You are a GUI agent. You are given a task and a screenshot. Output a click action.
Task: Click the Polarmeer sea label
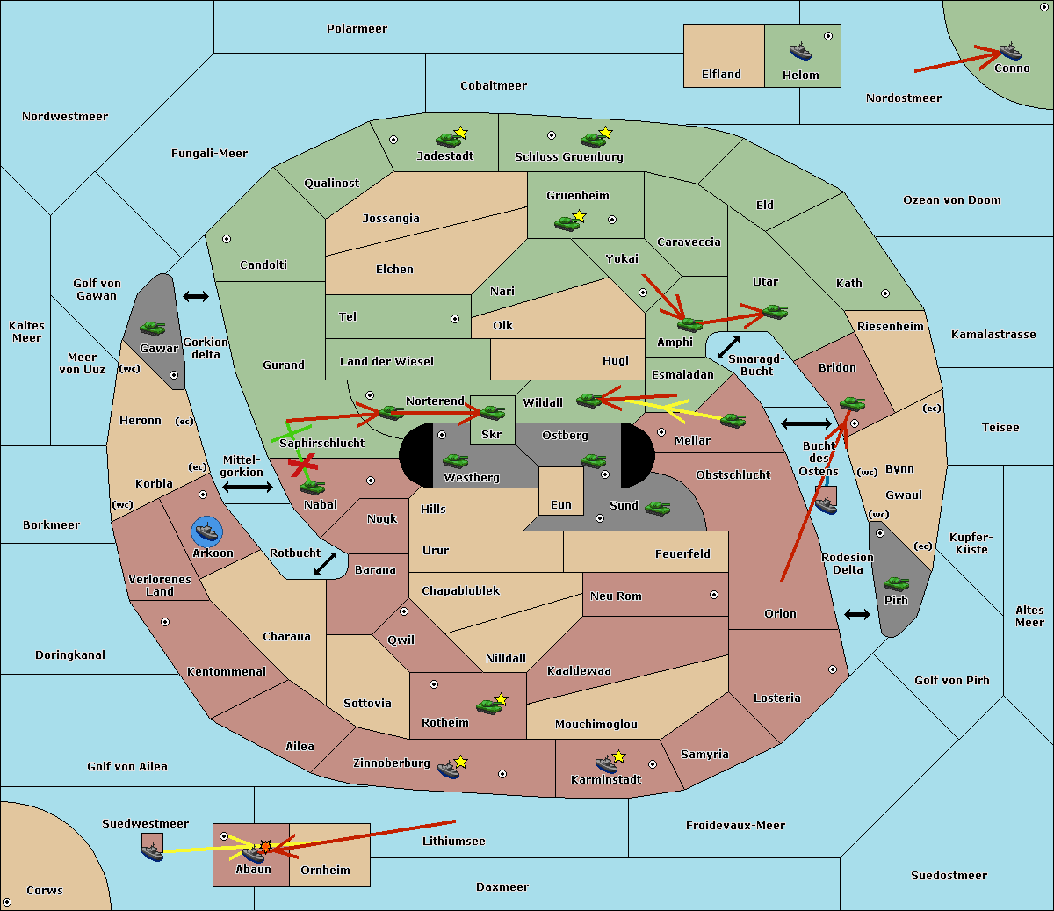coord(357,29)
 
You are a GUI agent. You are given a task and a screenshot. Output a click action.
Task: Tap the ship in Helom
coord(800,50)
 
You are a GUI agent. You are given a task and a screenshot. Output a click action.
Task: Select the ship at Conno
coord(1010,51)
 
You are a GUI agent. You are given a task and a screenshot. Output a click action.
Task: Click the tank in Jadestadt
coord(449,139)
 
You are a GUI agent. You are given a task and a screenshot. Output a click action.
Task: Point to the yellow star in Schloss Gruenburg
coord(605,133)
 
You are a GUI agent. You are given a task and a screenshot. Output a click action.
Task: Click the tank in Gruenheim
coord(567,223)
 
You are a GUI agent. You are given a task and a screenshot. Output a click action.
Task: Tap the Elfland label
coord(721,75)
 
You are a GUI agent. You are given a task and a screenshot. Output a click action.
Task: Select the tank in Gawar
coord(153,328)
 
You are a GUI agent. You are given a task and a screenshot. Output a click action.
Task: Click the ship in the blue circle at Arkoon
coord(206,531)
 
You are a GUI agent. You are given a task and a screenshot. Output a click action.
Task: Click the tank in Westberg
coord(455,460)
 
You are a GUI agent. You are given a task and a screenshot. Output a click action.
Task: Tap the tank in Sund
coord(658,508)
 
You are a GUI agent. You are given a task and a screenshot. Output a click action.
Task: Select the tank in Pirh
coord(896,583)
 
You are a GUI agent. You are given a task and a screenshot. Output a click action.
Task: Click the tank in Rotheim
coord(488,705)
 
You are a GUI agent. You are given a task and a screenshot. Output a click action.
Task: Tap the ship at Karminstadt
coord(606,763)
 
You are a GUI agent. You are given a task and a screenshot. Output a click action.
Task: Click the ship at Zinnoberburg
coord(449,770)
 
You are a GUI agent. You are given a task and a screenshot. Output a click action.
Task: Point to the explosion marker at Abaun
coord(265,847)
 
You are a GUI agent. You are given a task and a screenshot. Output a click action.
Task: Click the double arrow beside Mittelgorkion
coord(247,487)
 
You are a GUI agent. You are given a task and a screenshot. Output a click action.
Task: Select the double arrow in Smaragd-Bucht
coord(728,347)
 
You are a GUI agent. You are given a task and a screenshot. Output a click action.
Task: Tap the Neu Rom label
coord(616,596)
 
